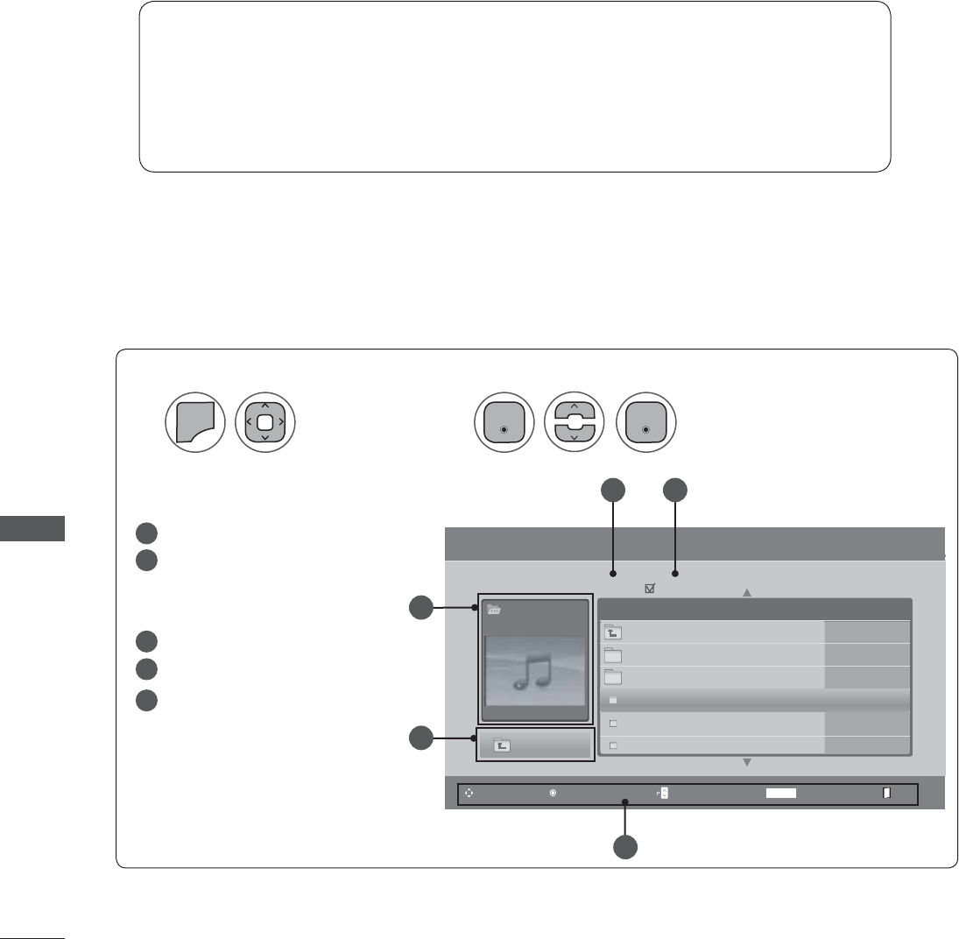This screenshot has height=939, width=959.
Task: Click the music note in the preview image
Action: (531, 671)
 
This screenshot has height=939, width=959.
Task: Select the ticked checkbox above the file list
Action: (650, 590)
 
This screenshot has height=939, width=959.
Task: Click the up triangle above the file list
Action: (747, 593)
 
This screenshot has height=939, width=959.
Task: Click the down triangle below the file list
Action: (747, 762)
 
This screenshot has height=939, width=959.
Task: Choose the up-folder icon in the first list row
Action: (613, 632)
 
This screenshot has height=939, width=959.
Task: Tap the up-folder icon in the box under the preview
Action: (502, 745)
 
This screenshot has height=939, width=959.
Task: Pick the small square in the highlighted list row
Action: (613, 700)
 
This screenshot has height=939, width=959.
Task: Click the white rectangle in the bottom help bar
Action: (781, 793)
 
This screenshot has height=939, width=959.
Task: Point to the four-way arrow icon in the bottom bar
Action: (469, 793)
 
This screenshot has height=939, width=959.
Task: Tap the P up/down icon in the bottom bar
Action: (662, 793)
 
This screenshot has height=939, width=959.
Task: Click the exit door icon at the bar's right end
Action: (886, 793)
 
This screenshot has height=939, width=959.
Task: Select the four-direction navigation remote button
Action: (265, 421)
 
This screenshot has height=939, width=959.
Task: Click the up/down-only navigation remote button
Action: (573, 421)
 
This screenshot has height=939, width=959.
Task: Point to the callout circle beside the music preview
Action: (421, 607)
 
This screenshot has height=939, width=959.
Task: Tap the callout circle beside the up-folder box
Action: (421, 738)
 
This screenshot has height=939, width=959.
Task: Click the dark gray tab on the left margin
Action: (32, 529)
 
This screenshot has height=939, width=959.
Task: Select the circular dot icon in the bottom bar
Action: (553, 793)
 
